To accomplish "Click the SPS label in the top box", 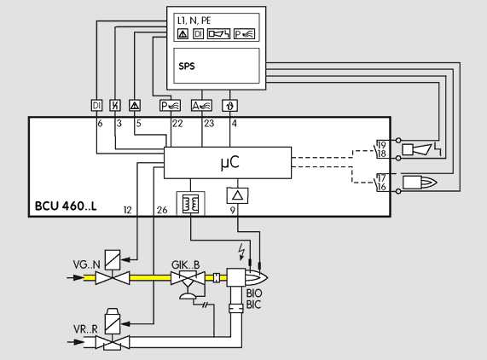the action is [187, 66].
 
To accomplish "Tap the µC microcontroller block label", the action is [230, 162].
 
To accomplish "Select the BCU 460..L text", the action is [66, 206].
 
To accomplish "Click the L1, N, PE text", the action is [194, 20].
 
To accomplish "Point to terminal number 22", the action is [177, 124].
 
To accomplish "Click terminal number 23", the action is [209, 124].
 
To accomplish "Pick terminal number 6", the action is [100, 124].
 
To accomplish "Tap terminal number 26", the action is [162, 211].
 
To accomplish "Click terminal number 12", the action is [127, 211].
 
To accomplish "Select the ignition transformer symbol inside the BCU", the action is [190, 203].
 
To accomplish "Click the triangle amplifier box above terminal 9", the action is [238, 195].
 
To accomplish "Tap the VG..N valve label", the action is [87, 264].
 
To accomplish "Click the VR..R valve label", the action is [85, 329].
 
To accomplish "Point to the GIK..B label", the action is [185, 265].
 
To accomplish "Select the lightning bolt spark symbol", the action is [241, 252].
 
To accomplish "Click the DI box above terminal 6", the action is [96, 105].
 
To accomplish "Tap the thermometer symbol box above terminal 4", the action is [230, 106].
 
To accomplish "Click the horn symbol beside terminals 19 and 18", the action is [417, 149].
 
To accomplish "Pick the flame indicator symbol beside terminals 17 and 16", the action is [420, 182].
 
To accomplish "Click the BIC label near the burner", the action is [254, 305].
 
